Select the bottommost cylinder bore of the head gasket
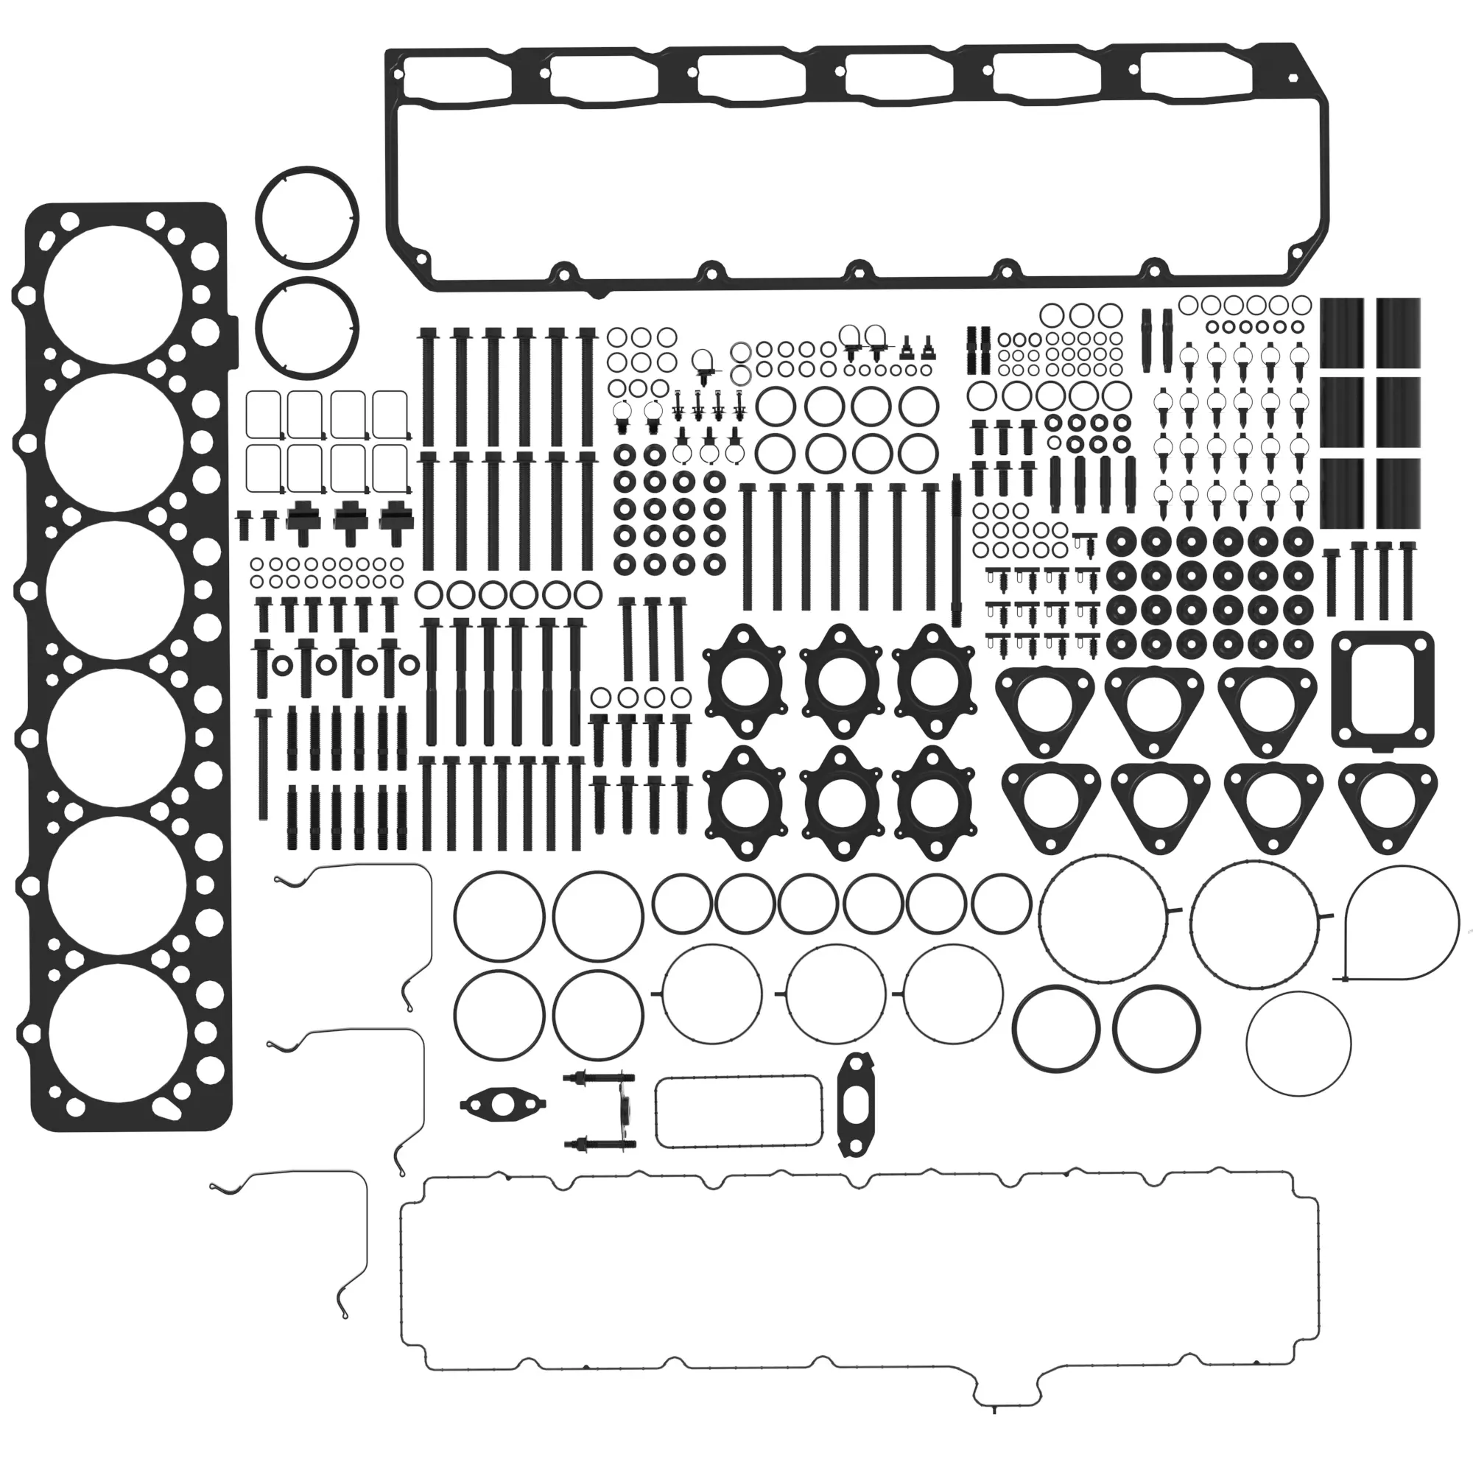pyautogui.click(x=116, y=1033)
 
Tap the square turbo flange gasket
pyautogui.click(x=1382, y=690)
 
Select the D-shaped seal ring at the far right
pyautogui.click(x=1401, y=924)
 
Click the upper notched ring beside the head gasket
pyautogui.click(x=307, y=218)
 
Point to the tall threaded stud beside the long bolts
pyautogui.click(x=956, y=549)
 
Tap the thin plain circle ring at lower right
pyautogui.click(x=1298, y=1044)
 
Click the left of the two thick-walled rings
pyautogui.click(x=1056, y=1028)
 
